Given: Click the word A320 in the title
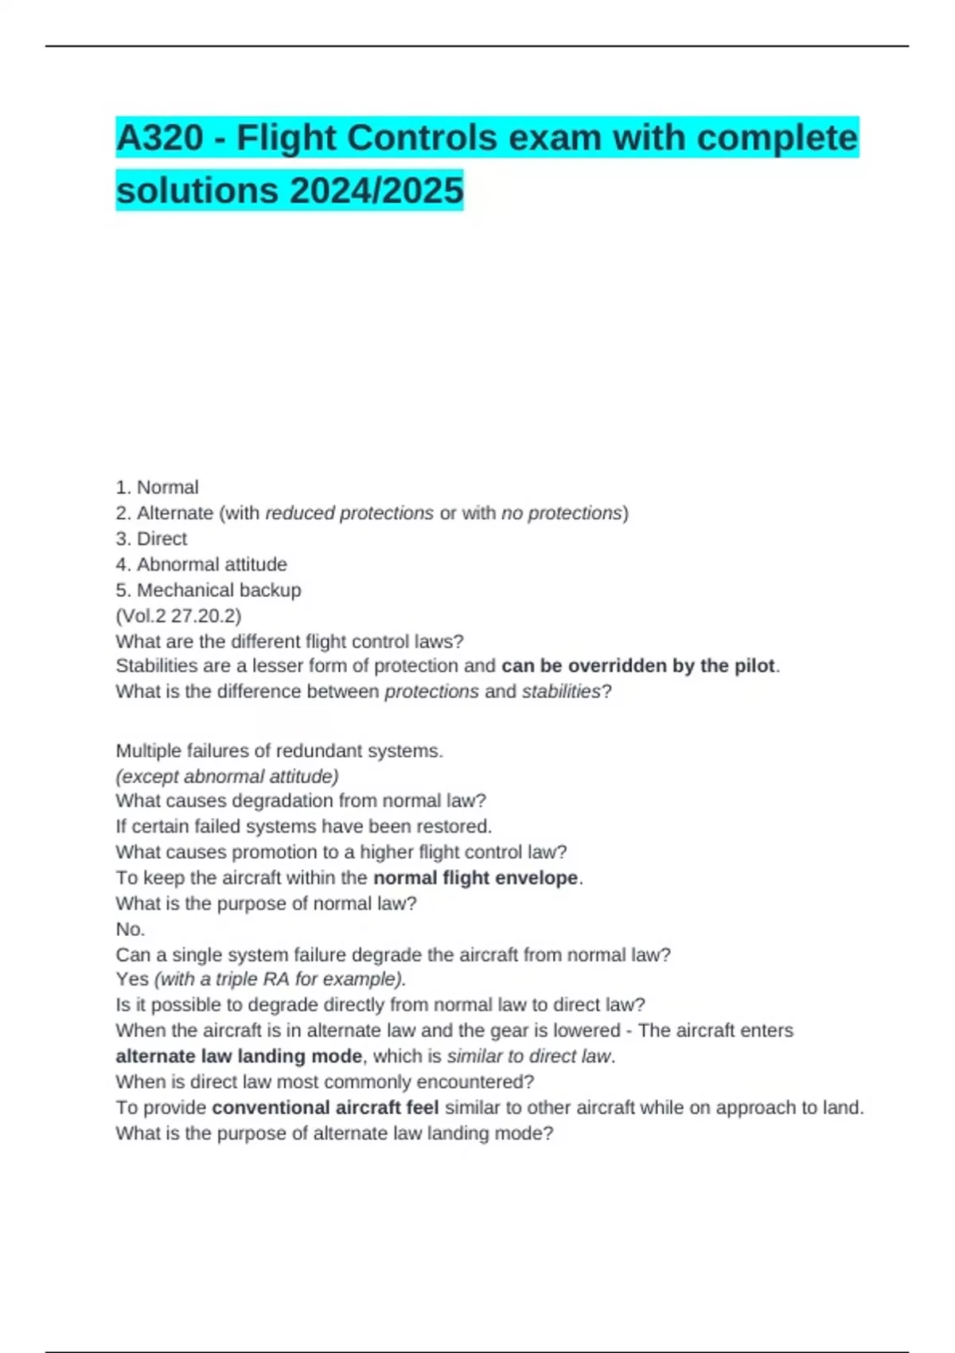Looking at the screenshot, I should coord(159,138).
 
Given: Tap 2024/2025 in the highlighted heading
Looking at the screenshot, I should coord(376,190).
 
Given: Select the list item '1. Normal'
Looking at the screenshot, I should coord(157,487).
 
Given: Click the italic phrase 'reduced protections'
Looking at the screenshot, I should coord(349,513).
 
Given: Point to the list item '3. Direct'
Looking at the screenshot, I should coord(151,539).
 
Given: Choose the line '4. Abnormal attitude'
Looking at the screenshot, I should coord(201,564).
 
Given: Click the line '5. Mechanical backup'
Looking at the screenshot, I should coord(209,590).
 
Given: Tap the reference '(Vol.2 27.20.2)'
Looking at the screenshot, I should coord(178,615).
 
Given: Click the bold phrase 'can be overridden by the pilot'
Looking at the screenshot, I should coord(638,665).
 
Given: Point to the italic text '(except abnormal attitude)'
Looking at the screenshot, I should coord(227,776).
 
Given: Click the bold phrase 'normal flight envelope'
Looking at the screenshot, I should coord(476,878).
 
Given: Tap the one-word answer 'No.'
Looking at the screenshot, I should coord(131,929).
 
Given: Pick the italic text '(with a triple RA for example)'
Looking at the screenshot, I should coord(279,979).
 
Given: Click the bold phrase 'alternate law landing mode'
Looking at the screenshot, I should coord(239,1056).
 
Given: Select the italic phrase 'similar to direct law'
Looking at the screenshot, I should coord(529,1056).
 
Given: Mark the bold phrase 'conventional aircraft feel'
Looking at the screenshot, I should coord(325,1107).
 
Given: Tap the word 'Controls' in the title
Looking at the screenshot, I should coord(422,138).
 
